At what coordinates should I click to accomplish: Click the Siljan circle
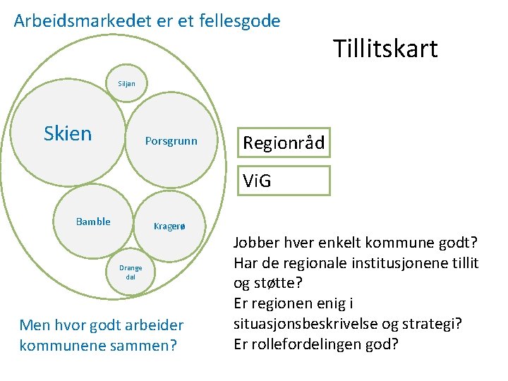[127, 84]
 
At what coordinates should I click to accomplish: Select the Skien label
[68, 133]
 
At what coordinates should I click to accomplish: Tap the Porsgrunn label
[171, 141]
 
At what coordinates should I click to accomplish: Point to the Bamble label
[93, 222]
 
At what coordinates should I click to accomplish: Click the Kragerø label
[169, 226]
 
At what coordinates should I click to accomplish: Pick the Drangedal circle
[131, 272]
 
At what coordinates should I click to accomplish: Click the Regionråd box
[284, 143]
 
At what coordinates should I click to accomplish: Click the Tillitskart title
[385, 49]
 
